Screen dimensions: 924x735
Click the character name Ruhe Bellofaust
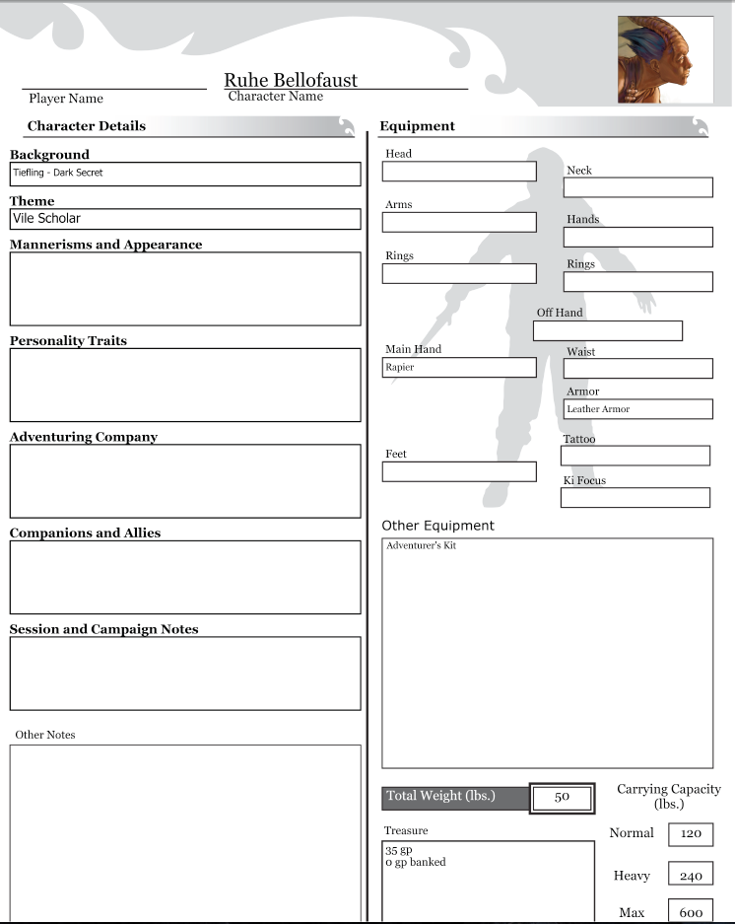click(x=291, y=80)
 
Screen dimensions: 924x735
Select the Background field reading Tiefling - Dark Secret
click(x=185, y=174)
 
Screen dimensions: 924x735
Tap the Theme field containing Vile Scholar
click(x=185, y=219)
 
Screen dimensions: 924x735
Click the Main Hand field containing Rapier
click(x=459, y=367)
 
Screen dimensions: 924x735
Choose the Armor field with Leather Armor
click(x=637, y=409)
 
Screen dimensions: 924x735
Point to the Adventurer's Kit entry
click(x=422, y=545)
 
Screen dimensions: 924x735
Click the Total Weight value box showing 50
click(x=562, y=797)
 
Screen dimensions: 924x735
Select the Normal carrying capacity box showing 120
click(x=691, y=834)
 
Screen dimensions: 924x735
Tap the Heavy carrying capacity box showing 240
click(x=691, y=875)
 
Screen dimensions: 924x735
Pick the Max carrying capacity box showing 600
click(x=691, y=912)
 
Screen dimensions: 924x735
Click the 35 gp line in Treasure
click(x=399, y=849)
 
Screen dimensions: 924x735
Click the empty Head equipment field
click(x=459, y=172)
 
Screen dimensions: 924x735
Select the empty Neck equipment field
click(x=638, y=187)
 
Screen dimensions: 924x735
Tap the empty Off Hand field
click(x=608, y=331)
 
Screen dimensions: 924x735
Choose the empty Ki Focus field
click(x=635, y=497)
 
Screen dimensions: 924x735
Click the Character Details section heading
click(x=87, y=126)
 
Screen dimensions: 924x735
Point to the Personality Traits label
click(x=68, y=341)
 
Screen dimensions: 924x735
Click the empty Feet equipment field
click(x=459, y=471)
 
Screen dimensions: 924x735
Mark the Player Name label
click(x=66, y=99)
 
